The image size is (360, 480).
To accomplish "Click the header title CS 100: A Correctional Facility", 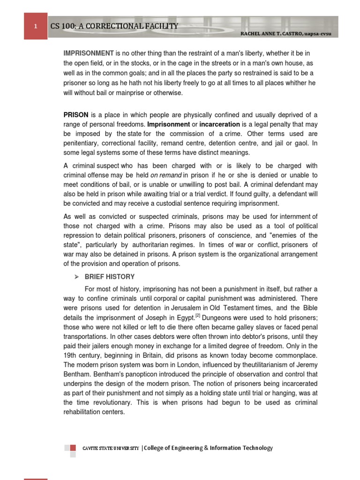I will [x=114, y=26].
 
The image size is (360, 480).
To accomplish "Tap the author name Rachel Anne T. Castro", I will [x=281, y=35].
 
